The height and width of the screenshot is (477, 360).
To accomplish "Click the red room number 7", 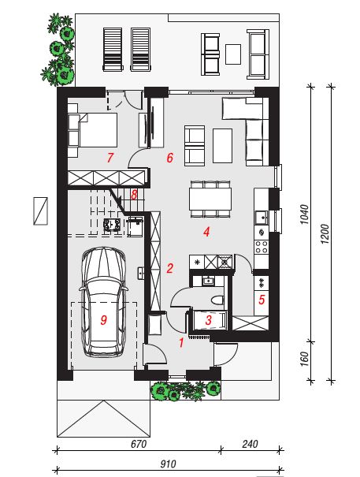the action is point(110,158).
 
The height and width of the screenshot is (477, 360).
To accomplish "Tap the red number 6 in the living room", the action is point(169,158).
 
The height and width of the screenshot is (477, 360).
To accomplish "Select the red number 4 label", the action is point(206,232).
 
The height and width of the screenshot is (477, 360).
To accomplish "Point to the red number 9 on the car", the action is point(104,320).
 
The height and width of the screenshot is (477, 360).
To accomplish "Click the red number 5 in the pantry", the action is point(262,300).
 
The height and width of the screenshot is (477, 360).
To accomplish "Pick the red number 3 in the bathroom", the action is point(209,320).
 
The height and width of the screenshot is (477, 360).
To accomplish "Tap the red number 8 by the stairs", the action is point(134,195).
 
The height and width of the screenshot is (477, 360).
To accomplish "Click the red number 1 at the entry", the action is point(181,343).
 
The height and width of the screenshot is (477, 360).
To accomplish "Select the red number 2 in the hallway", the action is point(169,268).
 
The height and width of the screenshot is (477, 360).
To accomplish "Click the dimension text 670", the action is point(139,444).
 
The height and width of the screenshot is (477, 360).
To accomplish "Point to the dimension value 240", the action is point(250,444).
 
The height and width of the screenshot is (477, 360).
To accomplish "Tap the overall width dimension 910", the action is point(168,464).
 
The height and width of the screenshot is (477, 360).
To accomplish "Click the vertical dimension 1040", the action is point(304,214).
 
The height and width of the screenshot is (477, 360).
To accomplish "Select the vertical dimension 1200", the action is point(325,233).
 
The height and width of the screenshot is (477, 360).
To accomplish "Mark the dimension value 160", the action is point(304,359).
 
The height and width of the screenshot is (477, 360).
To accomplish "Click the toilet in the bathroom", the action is point(217,300).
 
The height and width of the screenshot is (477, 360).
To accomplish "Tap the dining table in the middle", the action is point(210,199).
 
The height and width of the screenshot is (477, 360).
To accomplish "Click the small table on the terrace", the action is point(233,54).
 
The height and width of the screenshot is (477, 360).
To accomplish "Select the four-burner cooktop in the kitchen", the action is point(262,247).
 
